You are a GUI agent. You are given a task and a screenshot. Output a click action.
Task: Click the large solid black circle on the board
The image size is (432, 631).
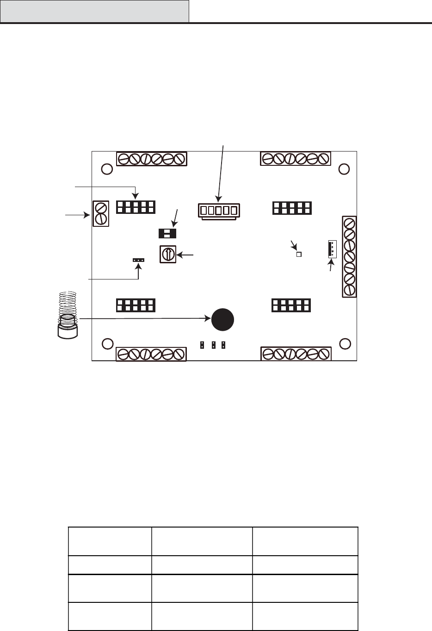[x=222, y=319]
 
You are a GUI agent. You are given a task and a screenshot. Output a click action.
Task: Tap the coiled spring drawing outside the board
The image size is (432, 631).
[x=68, y=314]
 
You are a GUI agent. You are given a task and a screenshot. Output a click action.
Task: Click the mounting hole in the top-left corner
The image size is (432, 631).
[x=106, y=169]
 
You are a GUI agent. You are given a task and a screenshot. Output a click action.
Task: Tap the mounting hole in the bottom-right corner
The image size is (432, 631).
[x=344, y=344]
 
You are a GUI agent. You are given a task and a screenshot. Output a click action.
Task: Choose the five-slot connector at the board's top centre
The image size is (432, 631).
[x=218, y=211]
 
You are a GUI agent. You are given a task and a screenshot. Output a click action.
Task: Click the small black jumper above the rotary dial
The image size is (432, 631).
[x=167, y=233]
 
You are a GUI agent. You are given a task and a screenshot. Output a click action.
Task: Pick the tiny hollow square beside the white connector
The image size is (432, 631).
[x=299, y=254]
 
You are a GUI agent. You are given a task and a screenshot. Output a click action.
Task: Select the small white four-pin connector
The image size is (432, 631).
[x=332, y=249]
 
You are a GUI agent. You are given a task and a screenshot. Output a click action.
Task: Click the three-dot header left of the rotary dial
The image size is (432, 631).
[x=138, y=260]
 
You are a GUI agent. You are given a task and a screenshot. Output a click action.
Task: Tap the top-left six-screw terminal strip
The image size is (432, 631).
[x=151, y=158]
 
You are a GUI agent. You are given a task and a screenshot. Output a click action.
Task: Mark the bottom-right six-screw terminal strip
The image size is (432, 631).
[x=296, y=354]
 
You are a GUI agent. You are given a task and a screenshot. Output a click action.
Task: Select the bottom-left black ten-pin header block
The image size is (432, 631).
[x=136, y=305]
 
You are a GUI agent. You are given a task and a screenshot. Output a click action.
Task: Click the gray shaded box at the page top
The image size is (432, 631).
[x=94, y=11]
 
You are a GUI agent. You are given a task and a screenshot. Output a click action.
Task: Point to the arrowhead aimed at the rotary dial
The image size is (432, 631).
[x=180, y=254]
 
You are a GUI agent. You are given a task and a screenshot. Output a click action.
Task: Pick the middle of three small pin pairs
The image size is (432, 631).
[x=213, y=345]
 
